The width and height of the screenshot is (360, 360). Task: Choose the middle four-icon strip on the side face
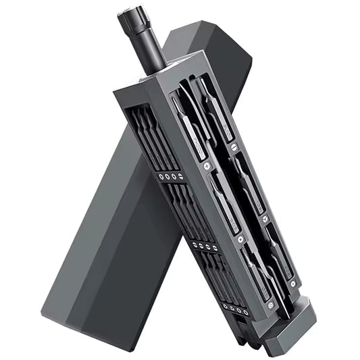[203, 245]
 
